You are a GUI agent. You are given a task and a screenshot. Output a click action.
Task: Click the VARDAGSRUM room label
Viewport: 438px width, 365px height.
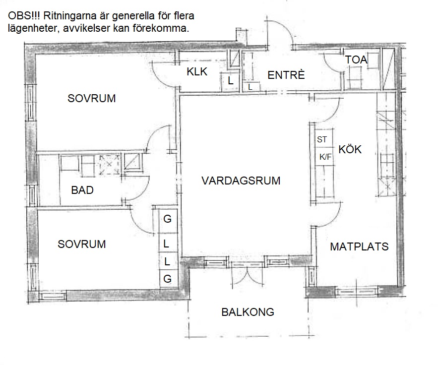pyautogui.click(x=241, y=181)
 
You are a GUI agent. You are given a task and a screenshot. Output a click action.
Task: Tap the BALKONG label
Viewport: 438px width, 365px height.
pyautogui.click(x=248, y=312)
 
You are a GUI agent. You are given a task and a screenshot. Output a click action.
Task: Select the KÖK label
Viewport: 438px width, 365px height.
pyautogui.click(x=350, y=149)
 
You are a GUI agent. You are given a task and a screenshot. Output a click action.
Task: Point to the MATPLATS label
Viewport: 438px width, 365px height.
pyautogui.click(x=359, y=246)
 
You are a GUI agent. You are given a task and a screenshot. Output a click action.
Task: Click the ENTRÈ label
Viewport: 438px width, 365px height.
pyautogui.click(x=286, y=75)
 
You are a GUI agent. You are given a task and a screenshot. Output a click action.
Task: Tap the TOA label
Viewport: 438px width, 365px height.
pyautogui.click(x=356, y=60)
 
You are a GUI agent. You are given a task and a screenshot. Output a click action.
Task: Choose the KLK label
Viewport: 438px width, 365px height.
pyautogui.click(x=197, y=72)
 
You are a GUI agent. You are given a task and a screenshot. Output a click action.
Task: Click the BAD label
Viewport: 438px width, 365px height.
pyautogui.click(x=82, y=190)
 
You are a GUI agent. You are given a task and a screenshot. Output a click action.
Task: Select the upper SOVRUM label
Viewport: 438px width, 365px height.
pyautogui.click(x=92, y=98)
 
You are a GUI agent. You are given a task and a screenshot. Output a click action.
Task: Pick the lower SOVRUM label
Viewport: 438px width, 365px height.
pyautogui.click(x=82, y=244)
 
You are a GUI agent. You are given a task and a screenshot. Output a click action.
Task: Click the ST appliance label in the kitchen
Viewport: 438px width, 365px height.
pyautogui.click(x=322, y=139)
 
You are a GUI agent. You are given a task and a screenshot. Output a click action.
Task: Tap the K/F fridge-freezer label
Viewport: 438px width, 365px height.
pyautogui.click(x=325, y=157)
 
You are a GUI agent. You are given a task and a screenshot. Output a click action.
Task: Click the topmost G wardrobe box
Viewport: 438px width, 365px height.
pyautogui.click(x=168, y=219)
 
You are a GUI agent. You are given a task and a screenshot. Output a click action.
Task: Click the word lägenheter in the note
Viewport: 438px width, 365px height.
pyautogui.click(x=32, y=28)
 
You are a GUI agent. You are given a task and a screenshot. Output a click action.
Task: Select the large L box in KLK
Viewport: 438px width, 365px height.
pyautogui.click(x=230, y=81)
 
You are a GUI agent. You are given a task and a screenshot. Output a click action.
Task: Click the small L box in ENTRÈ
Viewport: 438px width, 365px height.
pyautogui.click(x=250, y=87)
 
